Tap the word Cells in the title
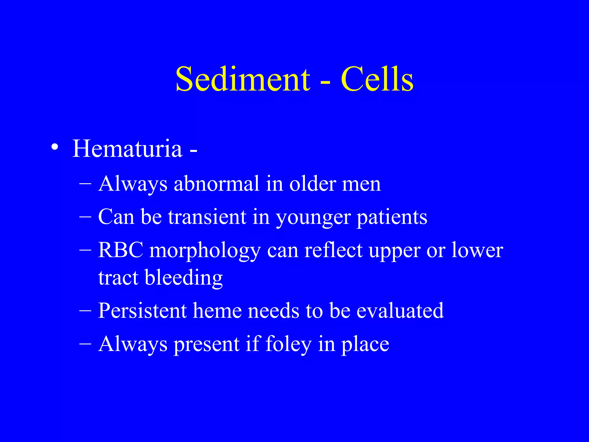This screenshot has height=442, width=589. [377, 79]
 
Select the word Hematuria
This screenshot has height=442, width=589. [127, 148]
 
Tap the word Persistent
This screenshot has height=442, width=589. [142, 310]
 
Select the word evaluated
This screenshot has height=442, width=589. [400, 310]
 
